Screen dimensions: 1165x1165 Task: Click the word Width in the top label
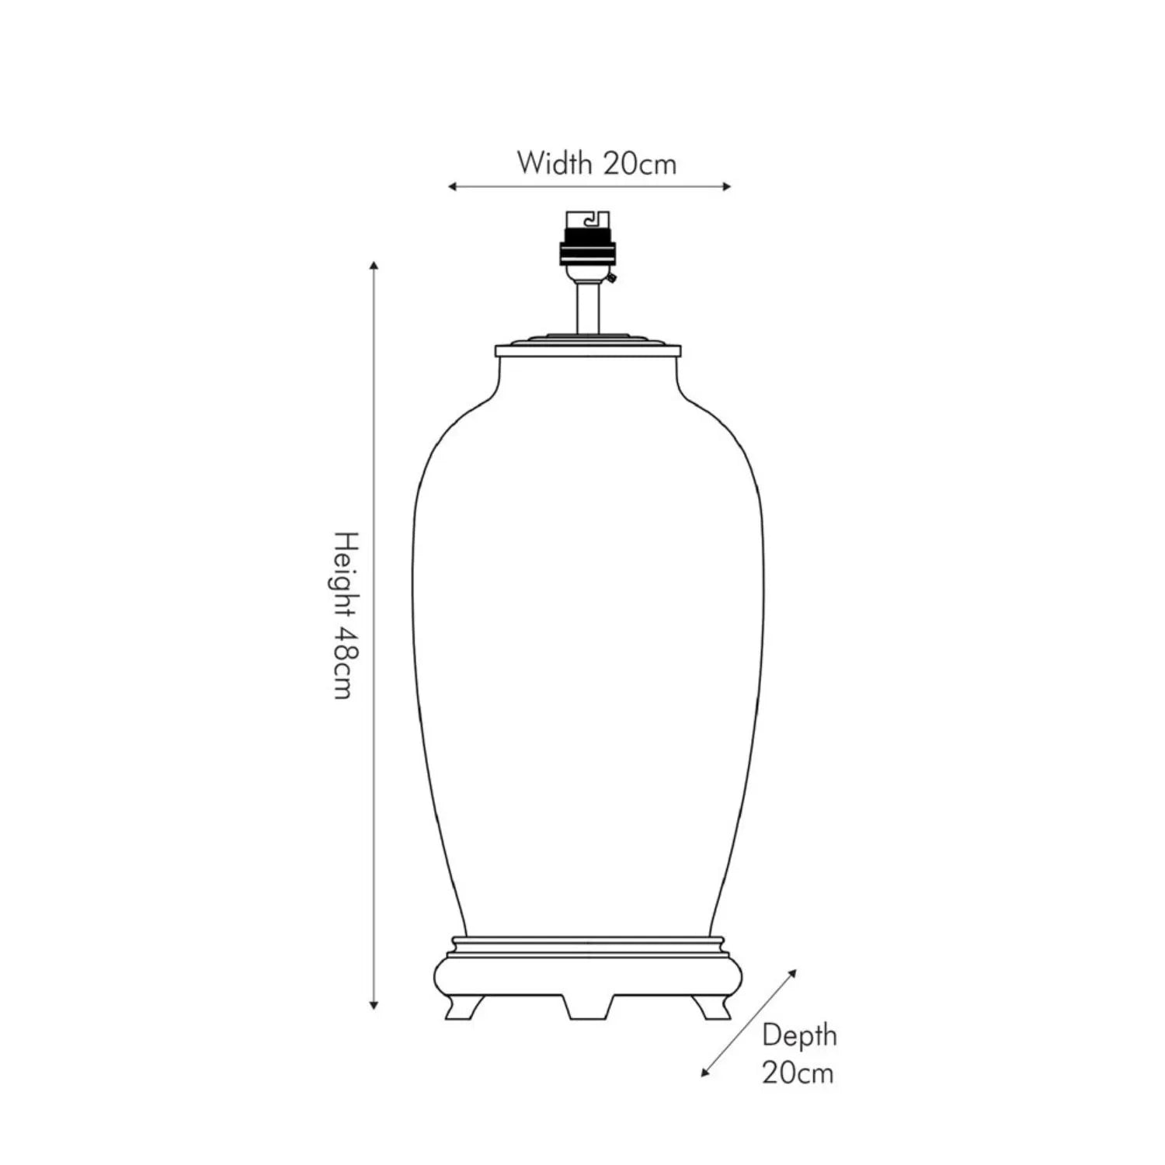pos(555,163)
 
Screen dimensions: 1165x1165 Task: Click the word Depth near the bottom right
pos(799,1035)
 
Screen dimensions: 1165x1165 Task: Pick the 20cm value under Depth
pos(798,1073)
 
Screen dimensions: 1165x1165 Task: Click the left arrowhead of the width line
pos(453,186)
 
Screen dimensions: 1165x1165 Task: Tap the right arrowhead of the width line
pos(727,186)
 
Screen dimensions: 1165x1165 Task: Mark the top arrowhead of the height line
pos(374,266)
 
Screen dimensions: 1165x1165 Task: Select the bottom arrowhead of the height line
pos(374,1004)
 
